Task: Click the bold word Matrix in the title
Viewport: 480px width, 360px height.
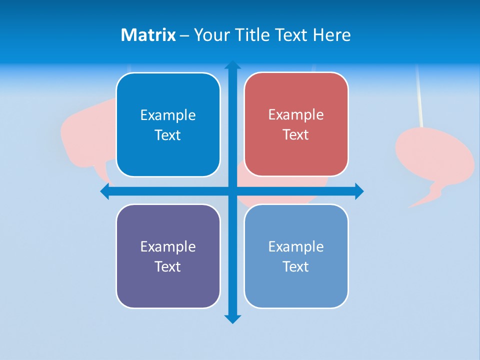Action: (x=148, y=35)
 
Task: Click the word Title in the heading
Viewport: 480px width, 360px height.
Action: (x=253, y=35)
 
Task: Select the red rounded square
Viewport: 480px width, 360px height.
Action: (x=296, y=124)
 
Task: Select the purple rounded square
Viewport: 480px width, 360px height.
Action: (x=168, y=256)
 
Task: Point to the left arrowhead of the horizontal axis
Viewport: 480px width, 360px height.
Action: (x=105, y=191)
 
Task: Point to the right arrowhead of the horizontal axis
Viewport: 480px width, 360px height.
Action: (x=359, y=191)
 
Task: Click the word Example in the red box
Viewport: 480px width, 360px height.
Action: (x=296, y=115)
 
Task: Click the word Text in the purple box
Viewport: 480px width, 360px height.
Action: (x=168, y=266)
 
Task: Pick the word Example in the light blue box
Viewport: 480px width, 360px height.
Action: (x=296, y=246)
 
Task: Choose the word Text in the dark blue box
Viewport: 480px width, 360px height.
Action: (x=168, y=135)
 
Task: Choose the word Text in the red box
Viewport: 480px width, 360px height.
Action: (x=296, y=135)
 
